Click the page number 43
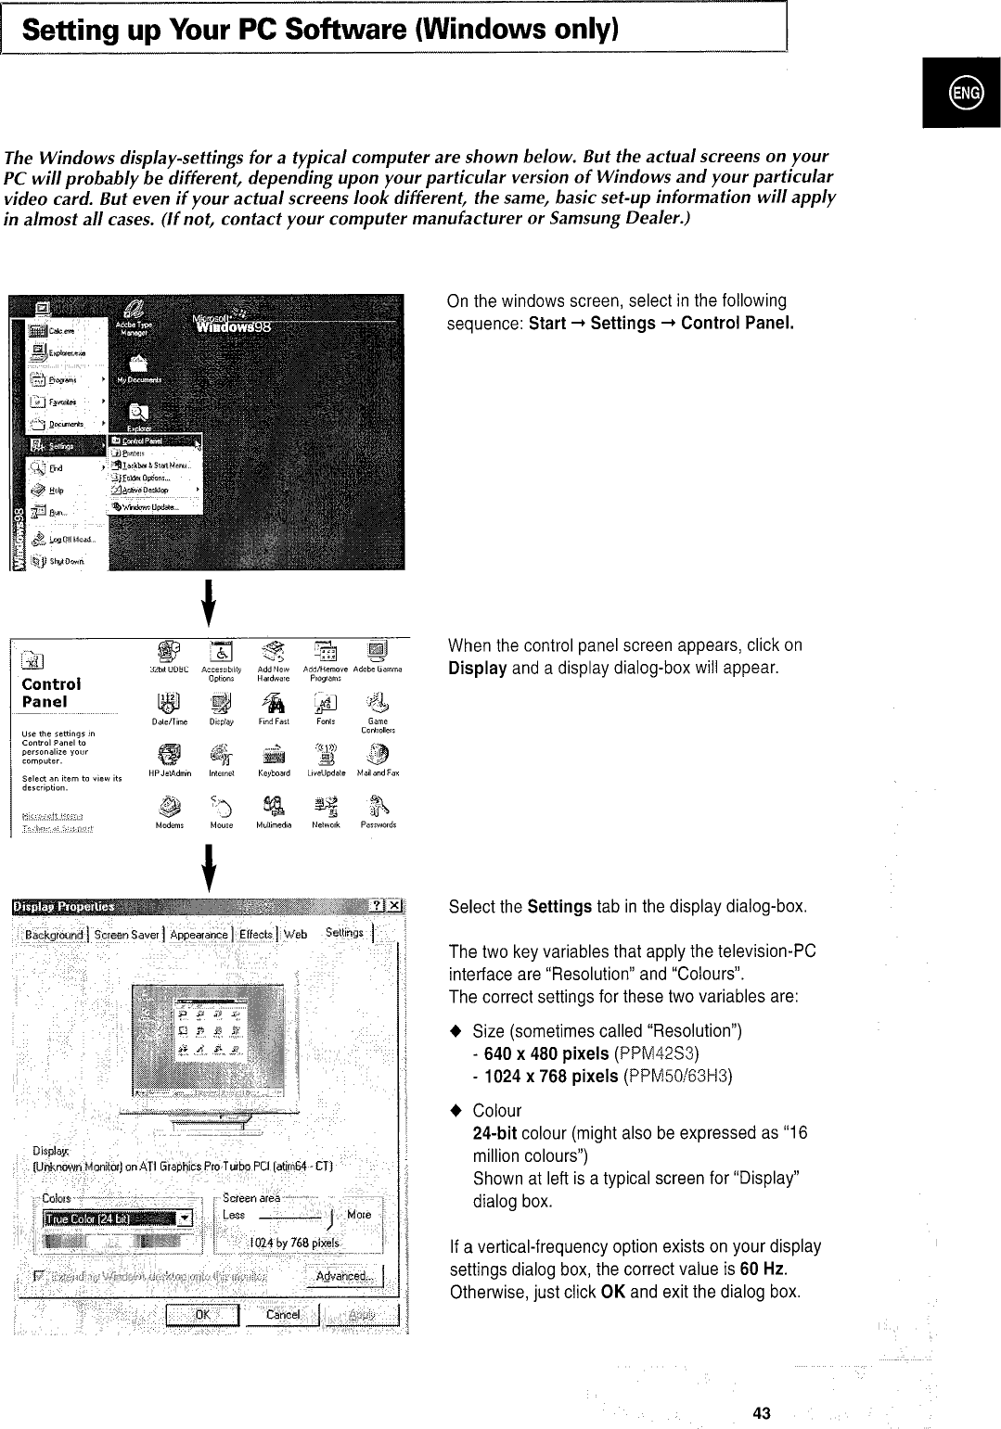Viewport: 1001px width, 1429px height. pyautogui.click(x=762, y=1387)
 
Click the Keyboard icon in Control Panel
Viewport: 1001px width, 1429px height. pyautogui.click(x=276, y=756)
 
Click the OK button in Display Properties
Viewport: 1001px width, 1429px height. pyautogui.click(x=202, y=1314)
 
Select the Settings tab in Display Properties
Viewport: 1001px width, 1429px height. pyautogui.click(x=345, y=933)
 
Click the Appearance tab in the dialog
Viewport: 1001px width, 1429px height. pyautogui.click(x=199, y=934)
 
